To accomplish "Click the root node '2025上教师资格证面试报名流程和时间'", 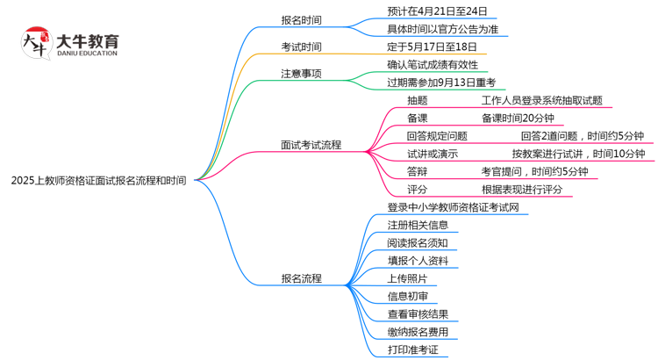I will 98,180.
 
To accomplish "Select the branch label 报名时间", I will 300,17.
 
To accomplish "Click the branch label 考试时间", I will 300,47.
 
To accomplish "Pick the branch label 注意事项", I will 300,74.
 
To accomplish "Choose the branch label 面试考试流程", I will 311,145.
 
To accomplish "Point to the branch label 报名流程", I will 301,278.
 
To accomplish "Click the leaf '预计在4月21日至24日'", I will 436,11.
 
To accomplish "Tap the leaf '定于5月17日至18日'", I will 432,47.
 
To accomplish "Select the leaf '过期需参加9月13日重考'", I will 441,82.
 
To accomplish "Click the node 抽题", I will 418,100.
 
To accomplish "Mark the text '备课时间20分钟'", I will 518,118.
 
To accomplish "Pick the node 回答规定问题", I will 437,136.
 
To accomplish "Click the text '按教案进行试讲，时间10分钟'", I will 578,154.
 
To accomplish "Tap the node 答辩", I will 418,171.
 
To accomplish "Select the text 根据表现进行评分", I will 521,189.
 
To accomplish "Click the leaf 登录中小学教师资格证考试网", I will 459,207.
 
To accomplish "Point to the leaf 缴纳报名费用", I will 418,332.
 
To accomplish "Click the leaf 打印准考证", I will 411,349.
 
